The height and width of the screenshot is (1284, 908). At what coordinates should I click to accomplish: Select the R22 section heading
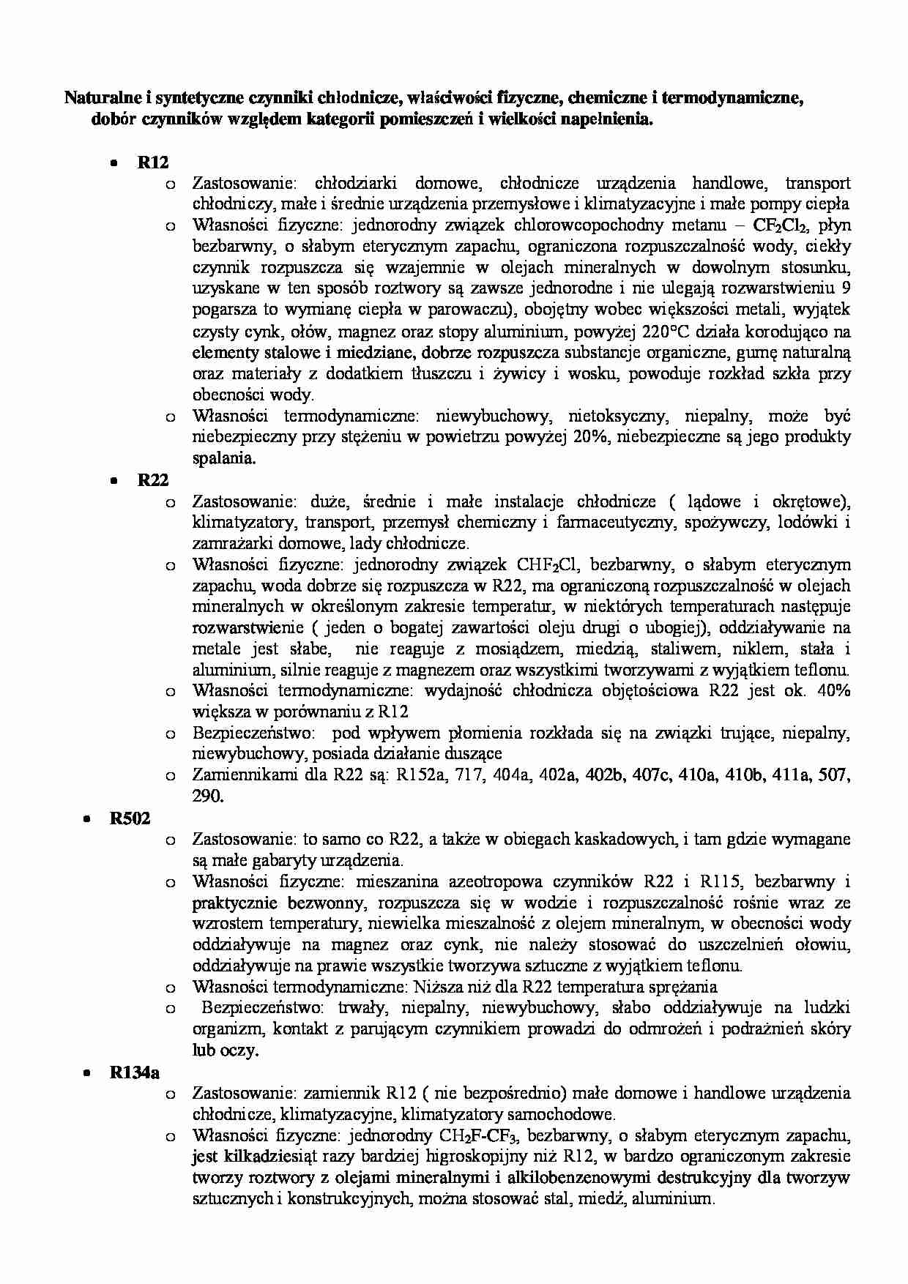(153, 480)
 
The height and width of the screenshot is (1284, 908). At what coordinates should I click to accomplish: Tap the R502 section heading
(130, 818)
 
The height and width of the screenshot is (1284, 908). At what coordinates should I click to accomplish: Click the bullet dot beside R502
(86, 819)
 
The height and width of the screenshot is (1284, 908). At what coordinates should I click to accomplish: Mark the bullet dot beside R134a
(86, 1073)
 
